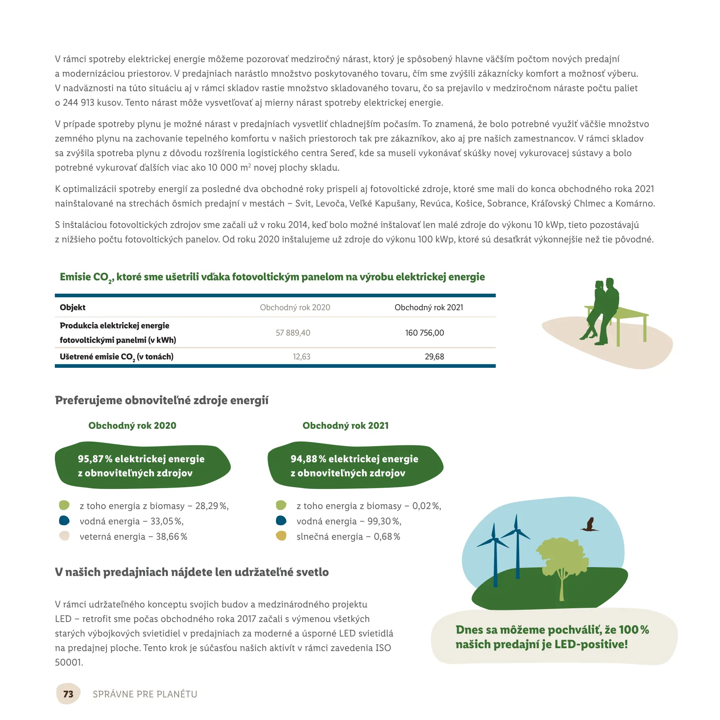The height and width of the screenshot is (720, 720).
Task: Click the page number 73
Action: point(68,694)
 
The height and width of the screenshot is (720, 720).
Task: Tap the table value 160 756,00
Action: point(424,333)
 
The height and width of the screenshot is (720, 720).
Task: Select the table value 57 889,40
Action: point(293,333)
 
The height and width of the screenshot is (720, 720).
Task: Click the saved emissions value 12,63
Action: point(301,357)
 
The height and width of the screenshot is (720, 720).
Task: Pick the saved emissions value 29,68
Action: point(434,357)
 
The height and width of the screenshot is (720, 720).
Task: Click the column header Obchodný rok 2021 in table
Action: point(428,307)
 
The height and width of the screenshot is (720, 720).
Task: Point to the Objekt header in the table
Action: point(73,307)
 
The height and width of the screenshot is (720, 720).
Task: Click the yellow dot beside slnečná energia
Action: point(281,536)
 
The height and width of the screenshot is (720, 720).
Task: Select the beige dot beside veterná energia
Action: point(64,536)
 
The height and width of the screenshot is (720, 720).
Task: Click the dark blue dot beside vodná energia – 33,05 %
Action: point(64,521)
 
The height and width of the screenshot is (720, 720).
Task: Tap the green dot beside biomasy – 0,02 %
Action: point(281,505)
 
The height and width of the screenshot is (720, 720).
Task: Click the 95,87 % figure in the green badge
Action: point(91,459)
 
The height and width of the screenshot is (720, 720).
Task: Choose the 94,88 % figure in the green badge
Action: point(304,459)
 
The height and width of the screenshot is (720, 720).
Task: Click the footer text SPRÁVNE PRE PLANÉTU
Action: point(145,694)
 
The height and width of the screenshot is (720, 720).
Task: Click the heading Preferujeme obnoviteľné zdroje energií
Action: point(162,401)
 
